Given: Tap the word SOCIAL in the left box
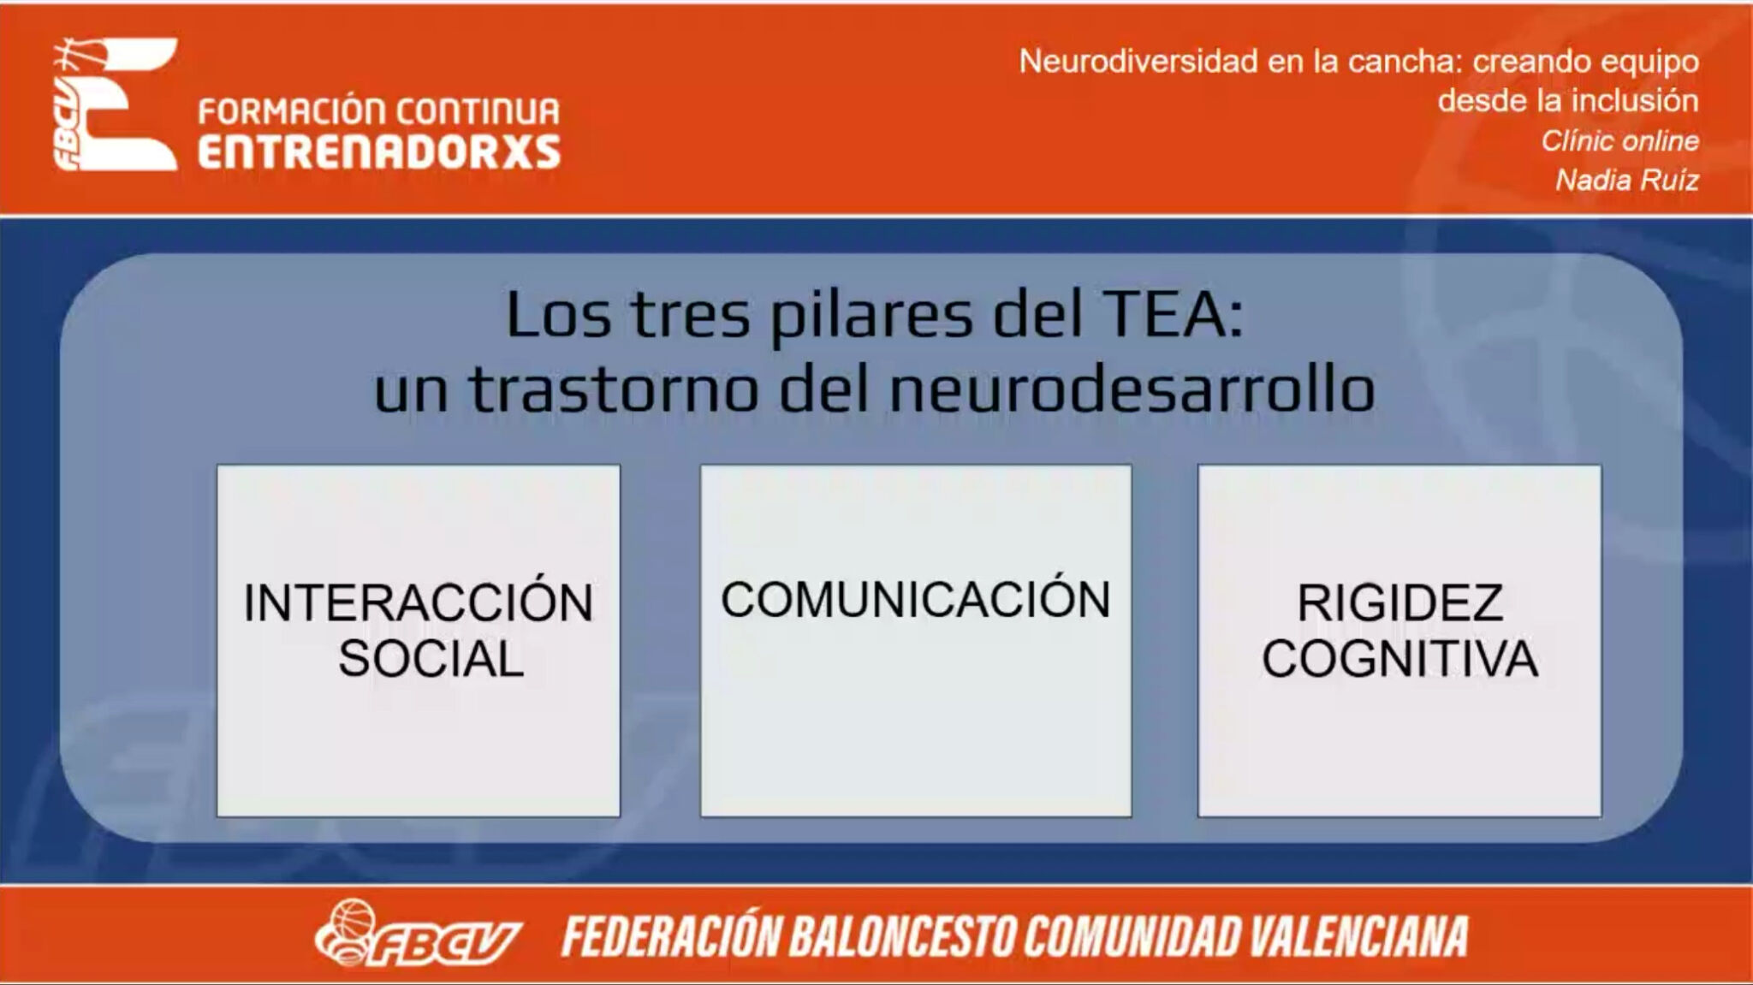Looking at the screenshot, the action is point(431,658).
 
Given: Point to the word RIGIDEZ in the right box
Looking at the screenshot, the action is point(1399,602).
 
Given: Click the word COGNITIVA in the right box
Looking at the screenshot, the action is point(1399,658).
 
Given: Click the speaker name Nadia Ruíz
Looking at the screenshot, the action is point(1627,180).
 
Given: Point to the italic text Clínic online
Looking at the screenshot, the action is point(1620,140).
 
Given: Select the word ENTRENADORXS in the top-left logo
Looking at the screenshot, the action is point(379,151).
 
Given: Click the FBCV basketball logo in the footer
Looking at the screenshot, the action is point(418,934).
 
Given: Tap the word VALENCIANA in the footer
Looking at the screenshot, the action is point(1359,936).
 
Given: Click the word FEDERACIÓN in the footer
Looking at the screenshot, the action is point(670,935).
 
